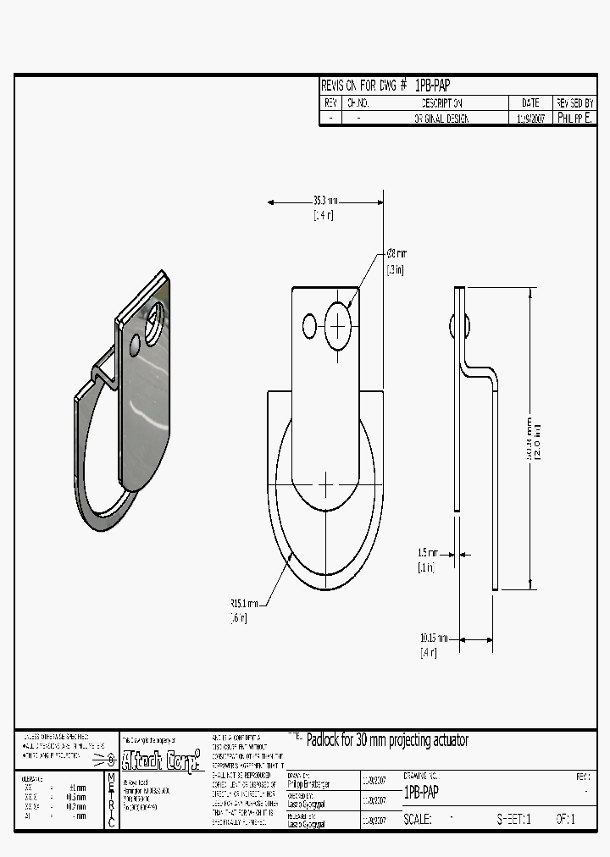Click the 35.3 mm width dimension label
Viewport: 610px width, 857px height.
click(x=324, y=201)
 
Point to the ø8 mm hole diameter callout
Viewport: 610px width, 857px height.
click(x=396, y=253)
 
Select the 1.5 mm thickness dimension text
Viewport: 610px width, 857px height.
click(x=427, y=553)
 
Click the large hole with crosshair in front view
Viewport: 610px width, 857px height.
click(x=338, y=324)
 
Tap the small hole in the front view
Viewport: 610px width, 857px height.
click(x=309, y=325)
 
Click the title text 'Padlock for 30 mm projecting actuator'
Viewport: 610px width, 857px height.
click(x=386, y=740)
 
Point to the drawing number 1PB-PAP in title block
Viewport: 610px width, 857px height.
click(x=421, y=793)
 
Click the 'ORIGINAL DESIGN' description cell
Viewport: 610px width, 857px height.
click(x=441, y=119)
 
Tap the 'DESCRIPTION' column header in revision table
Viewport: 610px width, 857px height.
click(x=441, y=102)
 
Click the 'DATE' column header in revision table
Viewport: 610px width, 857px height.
click(x=530, y=102)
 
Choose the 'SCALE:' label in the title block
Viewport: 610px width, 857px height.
click(x=418, y=820)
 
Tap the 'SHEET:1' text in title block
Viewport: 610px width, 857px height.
click(x=513, y=820)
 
